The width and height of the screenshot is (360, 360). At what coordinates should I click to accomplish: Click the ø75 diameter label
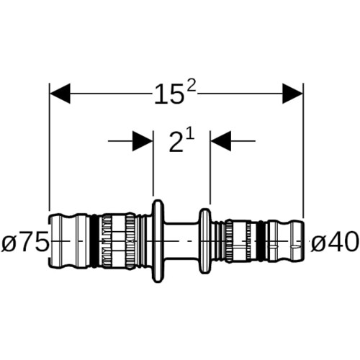point(25,241)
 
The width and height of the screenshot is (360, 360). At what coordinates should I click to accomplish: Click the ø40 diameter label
point(334,241)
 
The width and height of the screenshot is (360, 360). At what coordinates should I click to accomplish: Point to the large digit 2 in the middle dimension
point(176,143)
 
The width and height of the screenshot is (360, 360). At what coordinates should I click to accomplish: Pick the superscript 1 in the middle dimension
point(190,137)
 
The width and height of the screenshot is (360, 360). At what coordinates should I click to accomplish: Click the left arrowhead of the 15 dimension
point(60,94)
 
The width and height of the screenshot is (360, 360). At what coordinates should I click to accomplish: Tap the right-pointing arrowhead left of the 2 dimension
point(143,141)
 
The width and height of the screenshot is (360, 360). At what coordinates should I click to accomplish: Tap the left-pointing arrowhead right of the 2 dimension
point(221,141)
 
